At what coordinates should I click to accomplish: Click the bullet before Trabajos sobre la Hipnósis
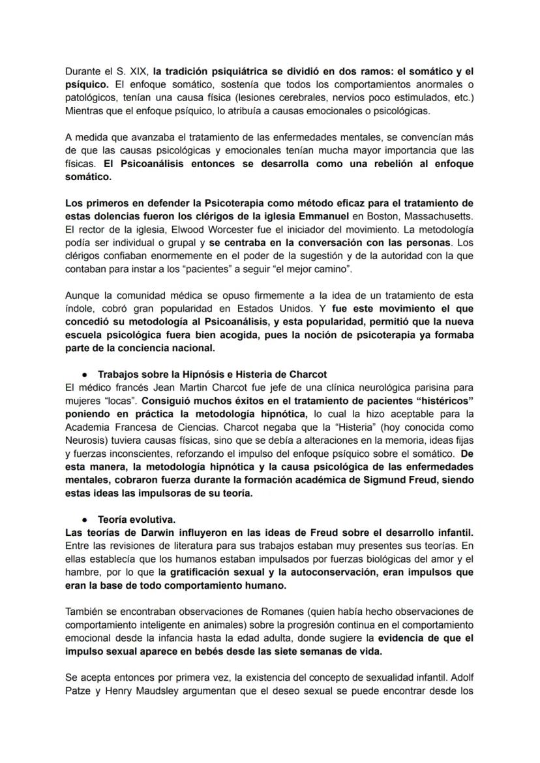tap(85, 375)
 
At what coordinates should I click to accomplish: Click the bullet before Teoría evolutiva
tap(85, 520)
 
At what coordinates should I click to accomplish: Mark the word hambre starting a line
tap(82, 572)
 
